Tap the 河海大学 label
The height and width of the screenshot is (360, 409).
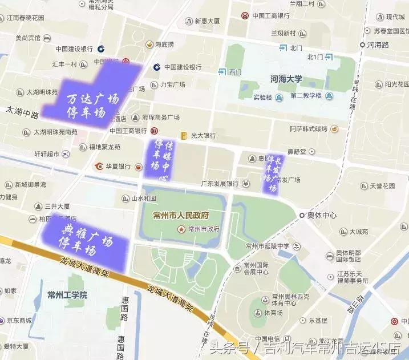coord(286,79)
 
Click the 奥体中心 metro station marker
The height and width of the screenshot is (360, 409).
coord(302,215)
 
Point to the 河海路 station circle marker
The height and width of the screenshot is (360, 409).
coord(362,44)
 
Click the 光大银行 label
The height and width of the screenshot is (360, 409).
coord(203,136)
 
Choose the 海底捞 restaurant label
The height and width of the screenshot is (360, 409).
coord(164,44)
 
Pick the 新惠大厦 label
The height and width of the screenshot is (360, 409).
coord(207,21)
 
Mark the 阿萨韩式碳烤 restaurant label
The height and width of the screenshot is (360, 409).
coord(308,129)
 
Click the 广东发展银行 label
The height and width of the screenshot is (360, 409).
coord(219,184)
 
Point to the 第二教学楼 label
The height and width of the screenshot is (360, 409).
coord(306,96)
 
